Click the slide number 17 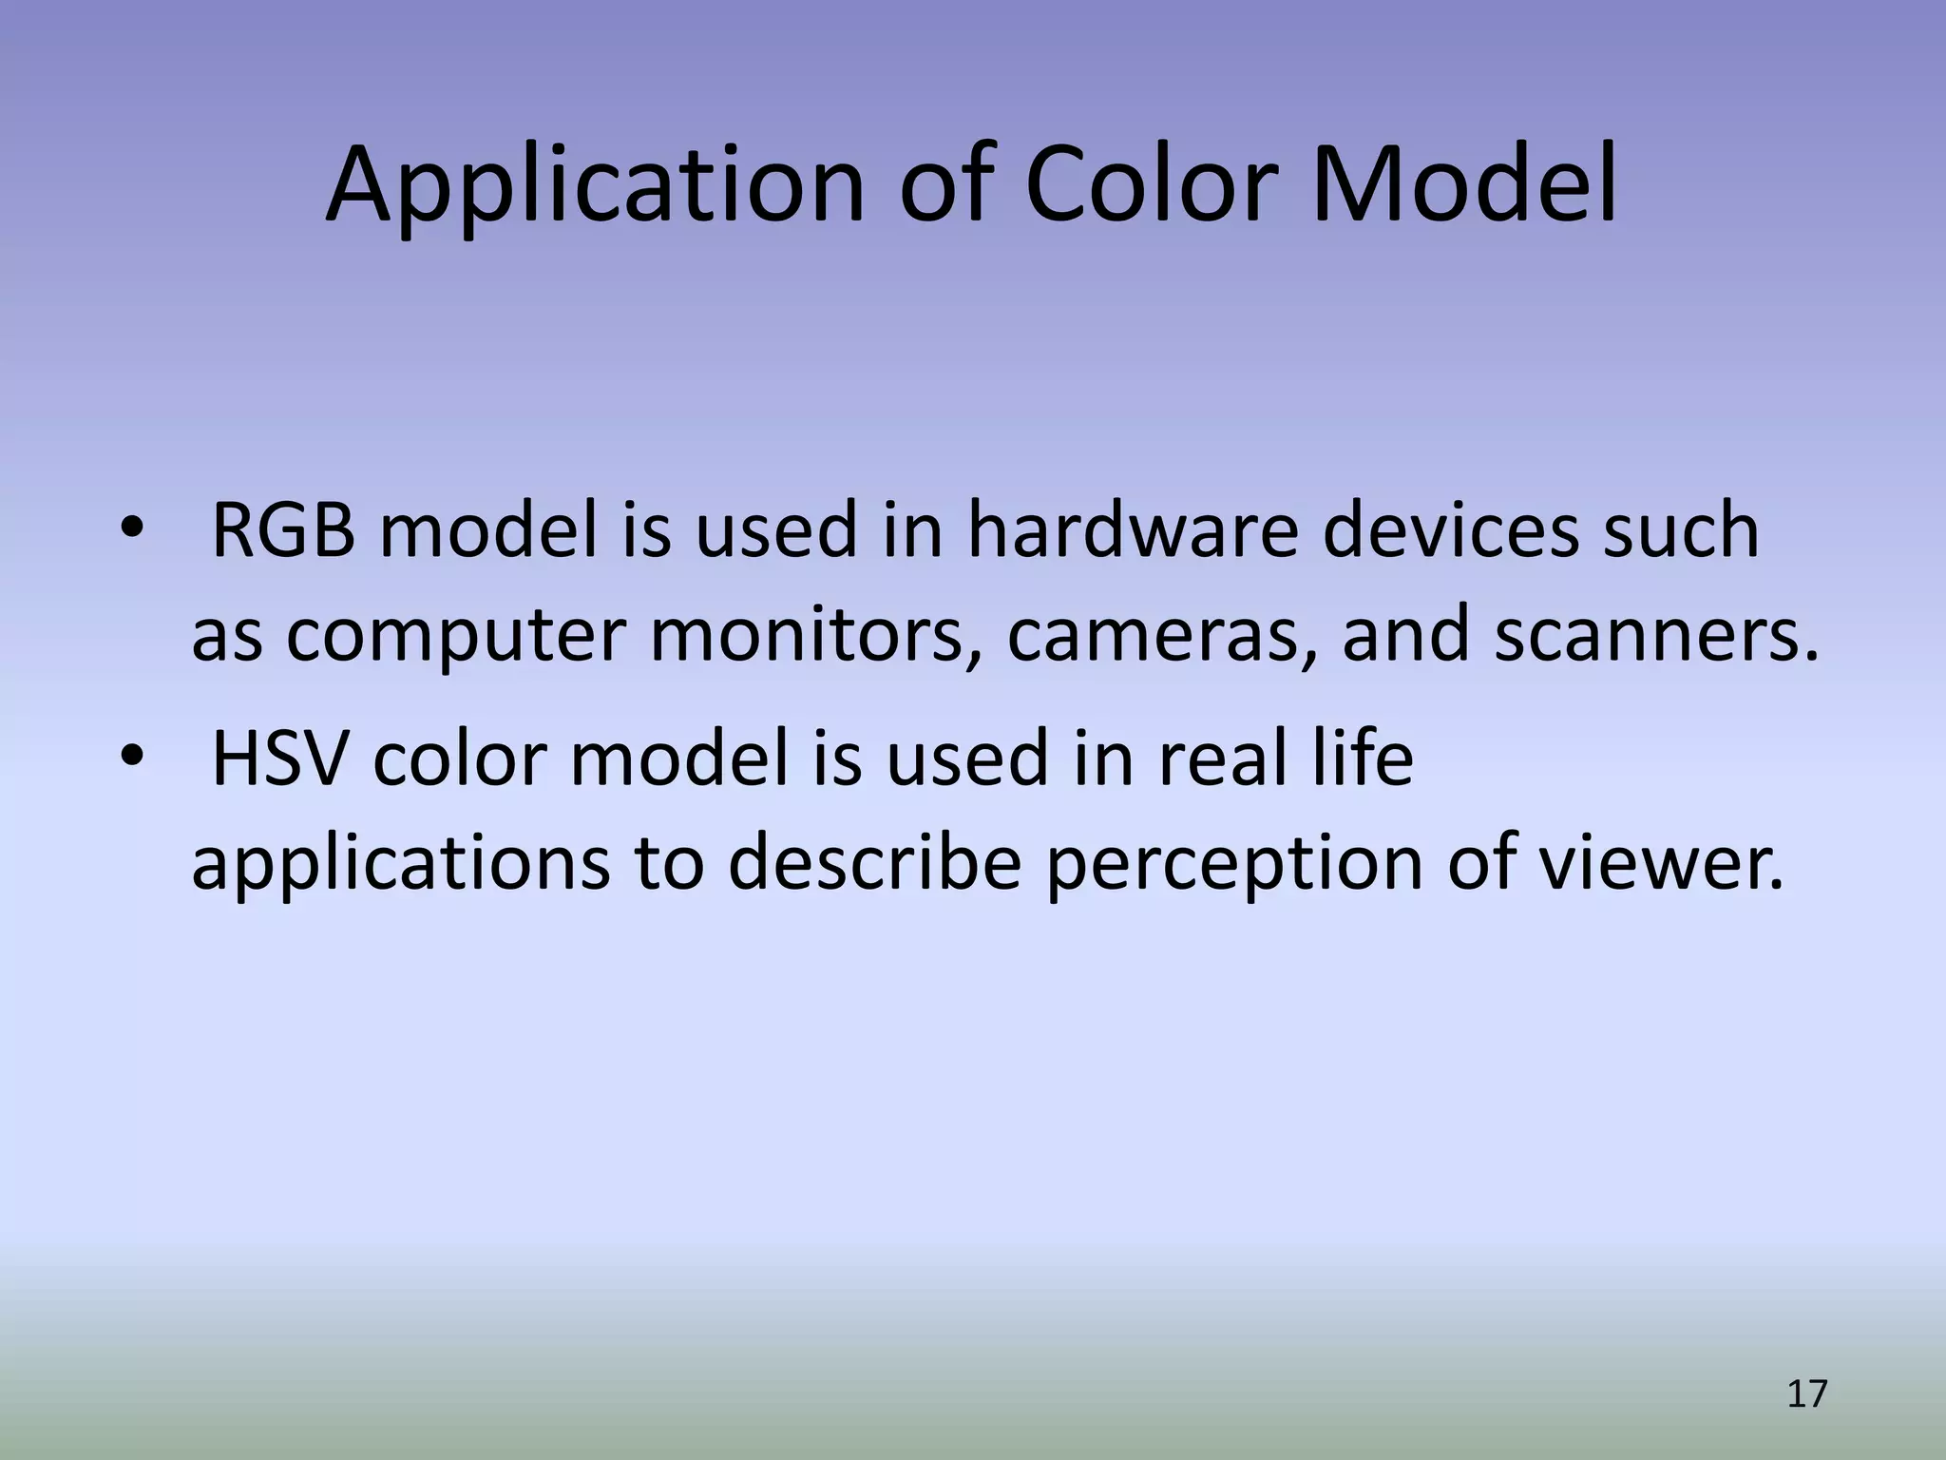click(x=1806, y=1394)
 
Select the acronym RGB click(x=283, y=530)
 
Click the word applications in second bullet click(x=401, y=863)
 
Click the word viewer click(x=1662, y=863)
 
